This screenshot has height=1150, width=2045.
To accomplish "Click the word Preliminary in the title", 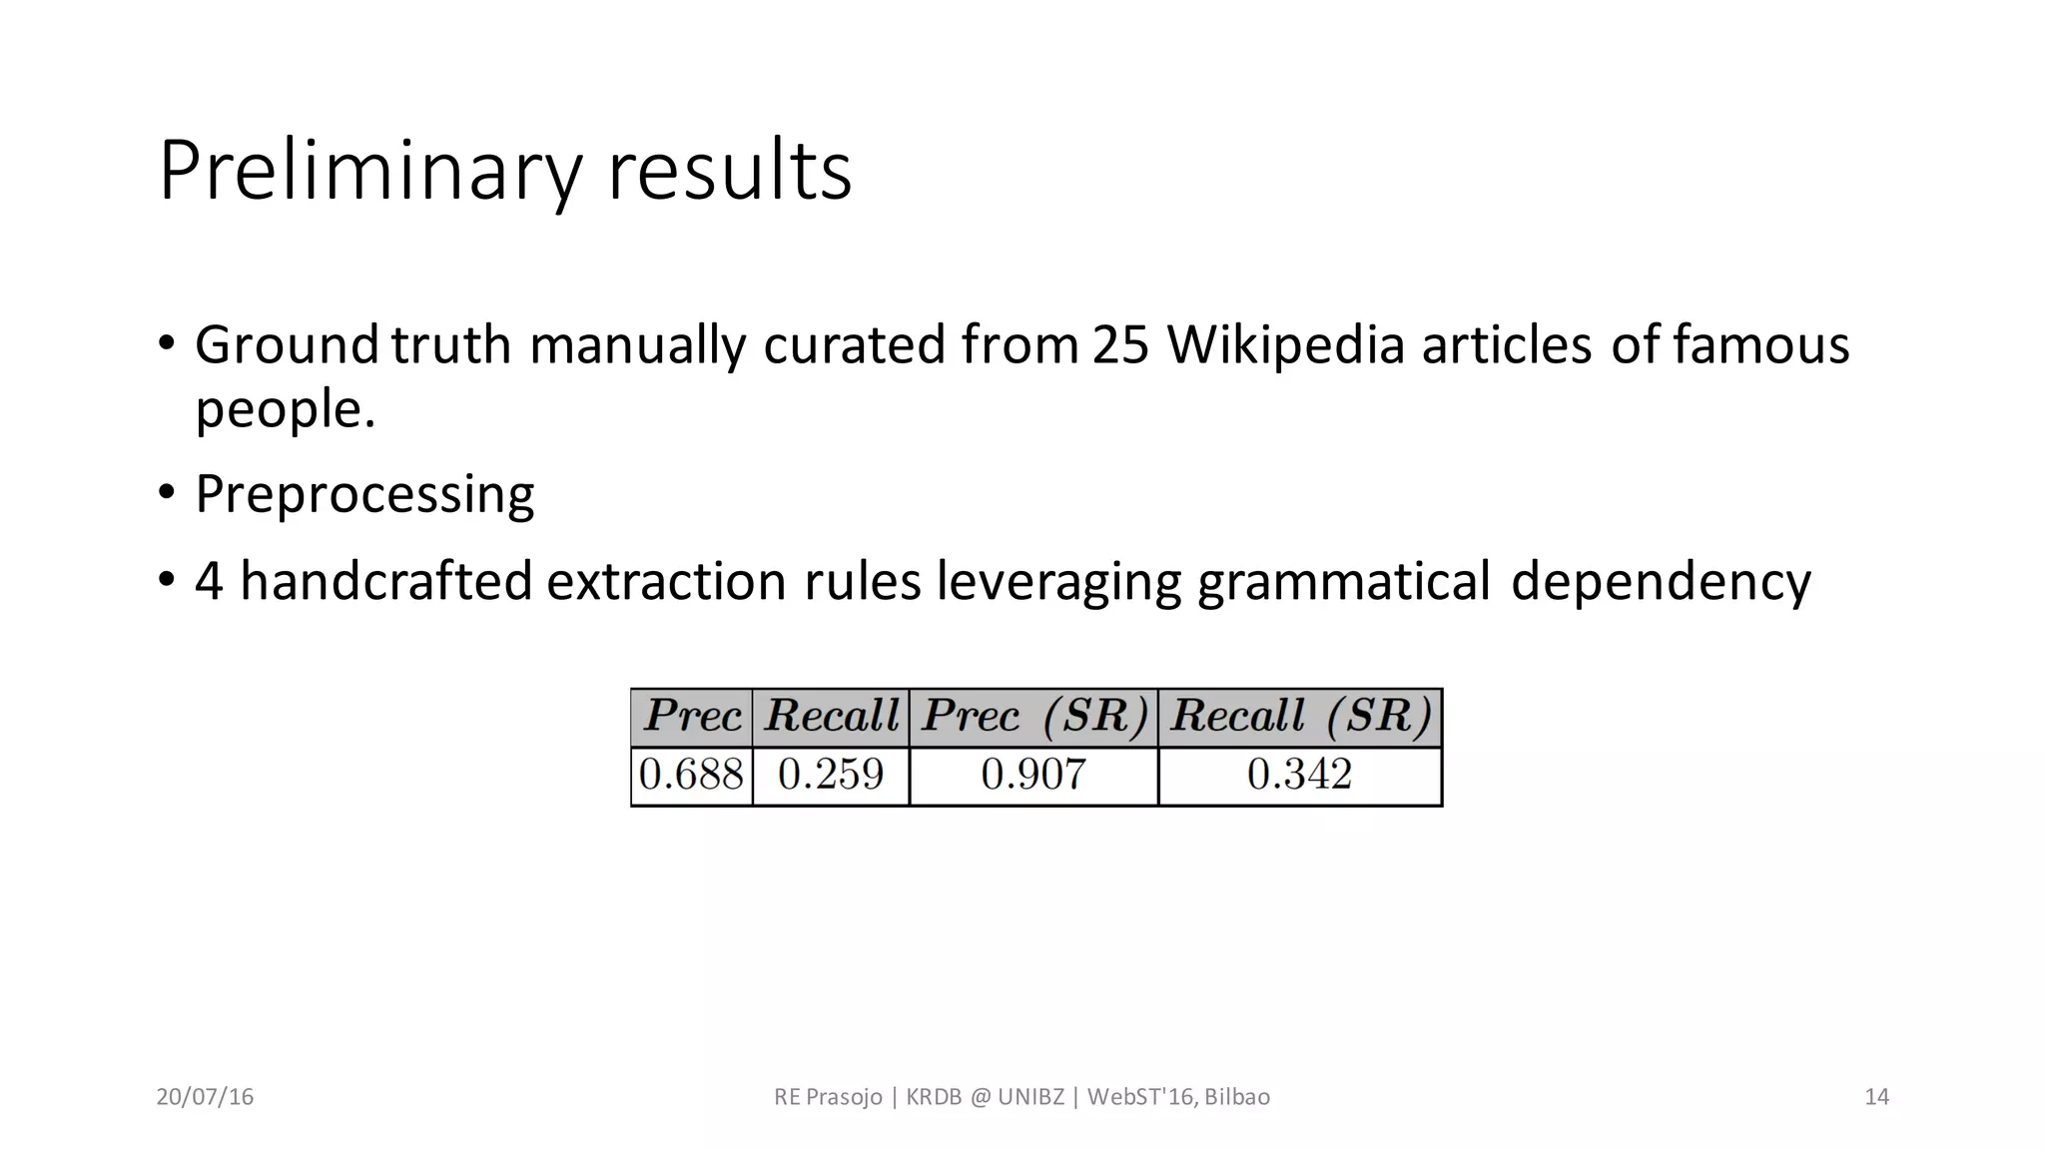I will [369, 172].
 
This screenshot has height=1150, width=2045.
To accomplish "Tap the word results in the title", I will [730, 172].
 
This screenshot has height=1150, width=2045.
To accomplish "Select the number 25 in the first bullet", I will [1120, 345].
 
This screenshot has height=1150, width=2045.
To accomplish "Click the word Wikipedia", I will [1285, 345].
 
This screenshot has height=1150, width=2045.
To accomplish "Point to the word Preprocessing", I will [364, 494].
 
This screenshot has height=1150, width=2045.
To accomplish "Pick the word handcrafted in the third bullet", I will [386, 581].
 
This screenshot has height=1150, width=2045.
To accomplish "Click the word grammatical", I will [1344, 581].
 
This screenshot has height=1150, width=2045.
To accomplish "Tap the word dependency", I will [1661, 581].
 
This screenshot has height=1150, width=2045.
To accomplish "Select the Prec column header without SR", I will [692, 717].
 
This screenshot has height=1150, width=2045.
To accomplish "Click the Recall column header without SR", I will [831, 717].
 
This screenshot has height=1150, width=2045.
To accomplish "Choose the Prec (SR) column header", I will [1033, 717].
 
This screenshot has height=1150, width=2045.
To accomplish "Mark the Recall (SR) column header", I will [1300, 717].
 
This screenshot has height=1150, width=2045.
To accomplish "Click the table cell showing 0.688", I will [692, 775].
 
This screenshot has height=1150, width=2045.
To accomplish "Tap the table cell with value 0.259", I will [831, 775].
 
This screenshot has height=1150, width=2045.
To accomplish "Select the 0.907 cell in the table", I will [1033, 775].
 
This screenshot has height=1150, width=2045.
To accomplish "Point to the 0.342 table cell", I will [1300, 775].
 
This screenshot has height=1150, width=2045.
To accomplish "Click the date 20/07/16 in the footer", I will [205, 1097].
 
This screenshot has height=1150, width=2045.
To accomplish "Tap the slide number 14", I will [1876, 1097].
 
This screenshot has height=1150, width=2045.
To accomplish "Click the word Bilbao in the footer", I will [1237, 1097].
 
